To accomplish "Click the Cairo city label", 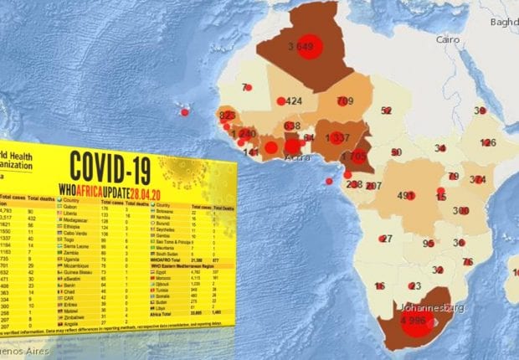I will click(x=448, y=39).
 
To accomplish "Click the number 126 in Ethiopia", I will click(x=488, y=142).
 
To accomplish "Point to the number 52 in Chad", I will click(x=386, y=111).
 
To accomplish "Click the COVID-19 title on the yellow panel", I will click(x=110, y=167).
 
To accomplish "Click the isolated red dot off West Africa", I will click(x=184, y=111).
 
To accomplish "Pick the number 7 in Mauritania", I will click(x=245, y=87).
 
